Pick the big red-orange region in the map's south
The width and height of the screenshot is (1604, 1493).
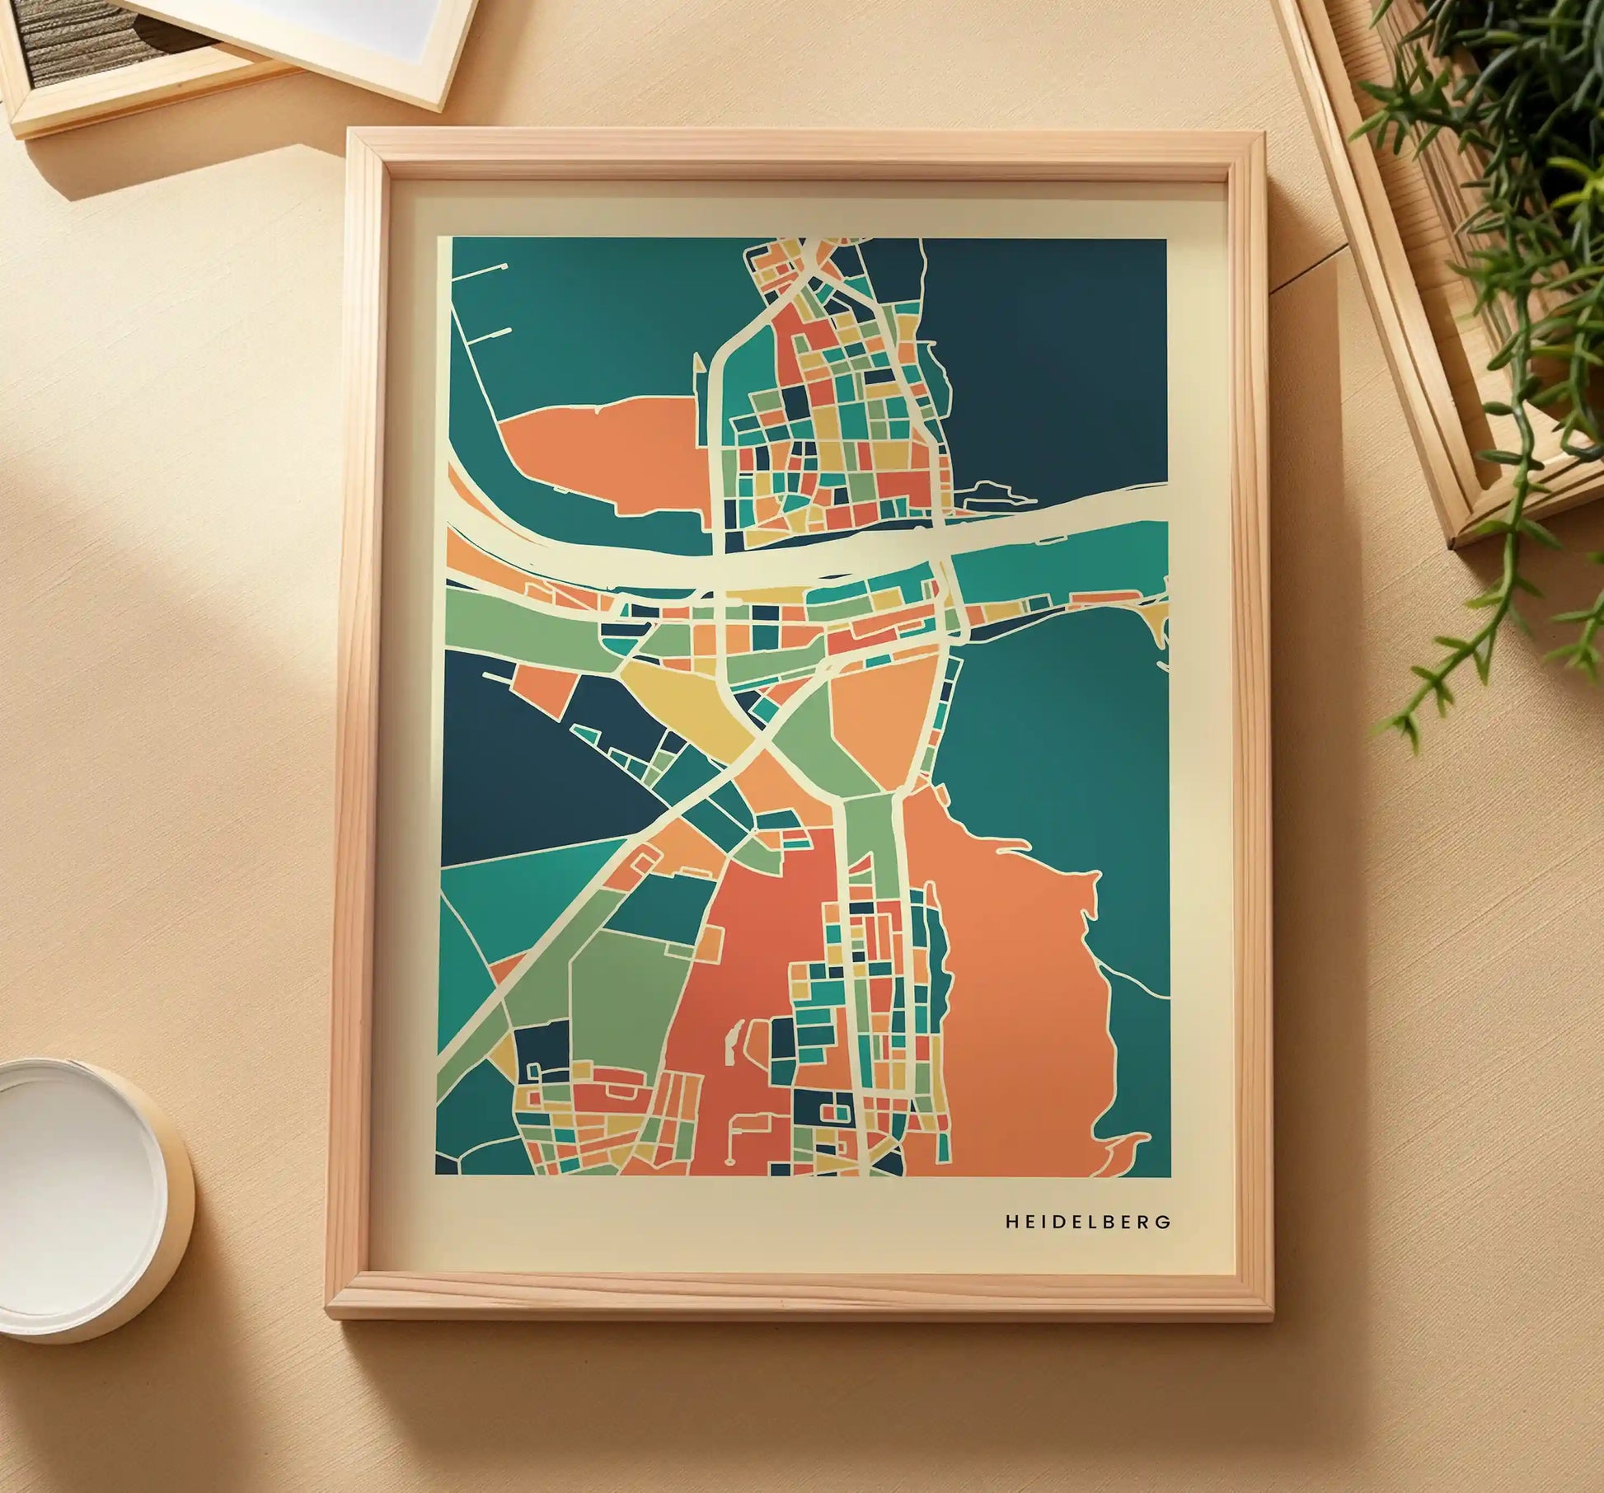(x=742, y=989)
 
